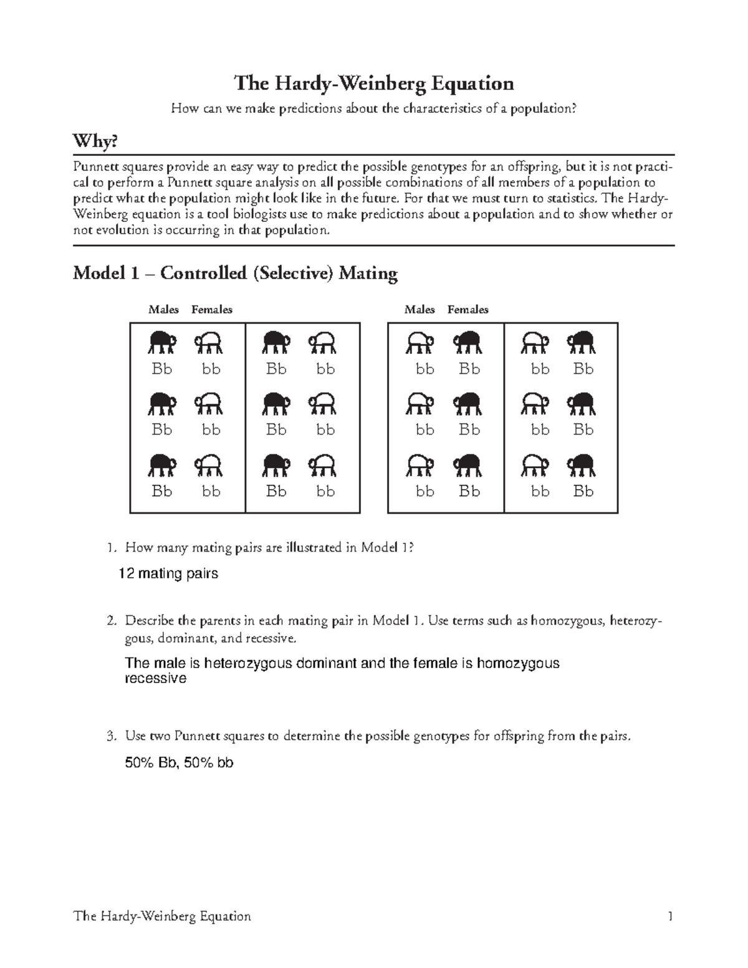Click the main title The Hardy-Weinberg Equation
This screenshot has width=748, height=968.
373,83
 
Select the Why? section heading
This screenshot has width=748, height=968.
95,142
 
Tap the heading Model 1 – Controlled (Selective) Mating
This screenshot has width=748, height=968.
235,273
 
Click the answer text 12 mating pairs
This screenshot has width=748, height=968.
168,573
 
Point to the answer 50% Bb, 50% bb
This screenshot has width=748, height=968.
179,762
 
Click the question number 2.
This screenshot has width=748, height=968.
111,621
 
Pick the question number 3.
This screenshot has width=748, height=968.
111,736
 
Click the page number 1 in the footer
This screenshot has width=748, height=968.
670,916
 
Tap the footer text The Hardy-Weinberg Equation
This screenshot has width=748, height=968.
162,916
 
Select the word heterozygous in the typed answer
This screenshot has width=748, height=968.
248,663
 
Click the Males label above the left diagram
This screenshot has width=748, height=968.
163,310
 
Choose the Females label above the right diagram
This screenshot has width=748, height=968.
467,310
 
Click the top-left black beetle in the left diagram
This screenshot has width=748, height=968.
163,342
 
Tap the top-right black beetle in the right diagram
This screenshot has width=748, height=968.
582,342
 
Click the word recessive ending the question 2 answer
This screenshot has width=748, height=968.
155,679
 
